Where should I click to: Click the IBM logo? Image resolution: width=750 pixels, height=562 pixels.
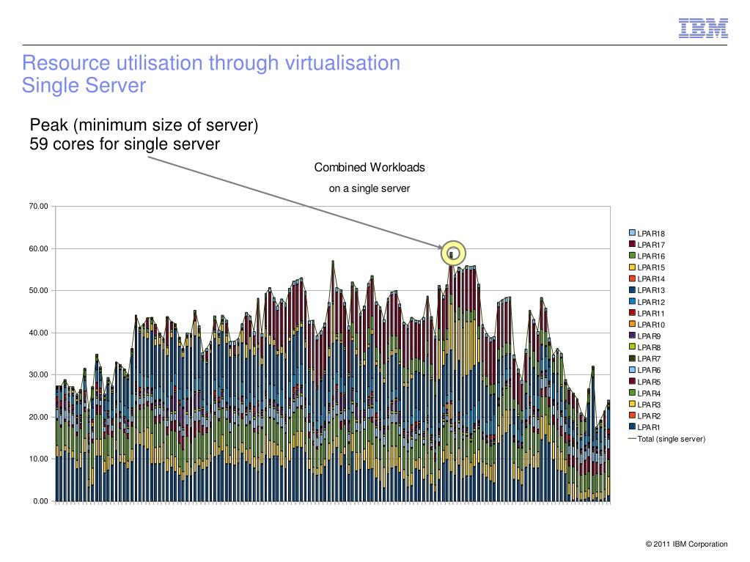coord(702,28)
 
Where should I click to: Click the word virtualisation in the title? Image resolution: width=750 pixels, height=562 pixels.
coord(340,63)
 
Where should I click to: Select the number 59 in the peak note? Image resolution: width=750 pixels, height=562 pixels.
coord(40,144)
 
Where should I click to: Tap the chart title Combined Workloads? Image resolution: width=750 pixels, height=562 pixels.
coord(370,168)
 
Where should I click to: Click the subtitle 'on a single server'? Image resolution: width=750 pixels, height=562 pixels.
coord(370,189)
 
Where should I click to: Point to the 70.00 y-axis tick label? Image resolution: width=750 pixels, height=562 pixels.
coord(38,207)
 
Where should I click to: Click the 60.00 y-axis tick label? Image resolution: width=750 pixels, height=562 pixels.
coord(38,249)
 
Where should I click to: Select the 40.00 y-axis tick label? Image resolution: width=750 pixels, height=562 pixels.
coord(38,333)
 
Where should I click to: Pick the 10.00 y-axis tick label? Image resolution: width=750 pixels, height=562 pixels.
coord(38,459)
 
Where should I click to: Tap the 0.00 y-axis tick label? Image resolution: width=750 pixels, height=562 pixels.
coord(40,501)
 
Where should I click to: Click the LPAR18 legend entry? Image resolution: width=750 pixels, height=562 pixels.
coord(650,234)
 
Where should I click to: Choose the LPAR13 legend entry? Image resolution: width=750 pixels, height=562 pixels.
coord(650,291)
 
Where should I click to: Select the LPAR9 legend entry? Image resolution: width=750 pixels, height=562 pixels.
coord(649,336)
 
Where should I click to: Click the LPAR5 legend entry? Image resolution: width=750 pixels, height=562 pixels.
coord(649,382)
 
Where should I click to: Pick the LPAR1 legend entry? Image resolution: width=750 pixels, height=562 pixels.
coord(649,427)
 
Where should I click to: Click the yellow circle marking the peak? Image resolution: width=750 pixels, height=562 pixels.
coord(453,253)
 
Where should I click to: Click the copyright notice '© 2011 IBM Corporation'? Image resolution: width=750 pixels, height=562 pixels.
coord(686,544)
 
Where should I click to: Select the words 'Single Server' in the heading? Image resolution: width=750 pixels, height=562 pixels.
coord(84,86)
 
